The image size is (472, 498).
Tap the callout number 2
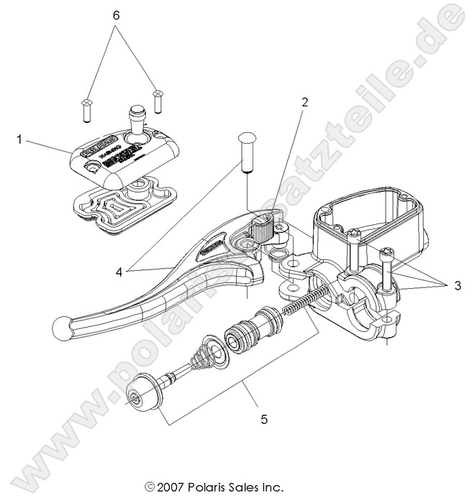tap(304, 102)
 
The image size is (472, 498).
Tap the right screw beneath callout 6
tap(158, 100)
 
